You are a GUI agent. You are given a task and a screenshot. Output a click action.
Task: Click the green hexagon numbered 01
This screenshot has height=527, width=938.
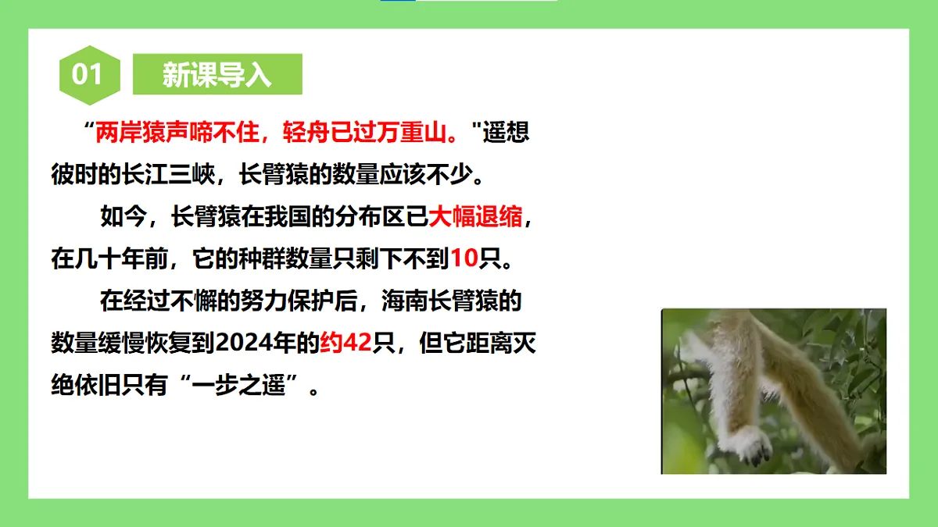[x=89, y=74]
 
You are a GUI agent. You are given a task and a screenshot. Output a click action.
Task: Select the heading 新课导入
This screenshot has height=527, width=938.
[x=217, y=74]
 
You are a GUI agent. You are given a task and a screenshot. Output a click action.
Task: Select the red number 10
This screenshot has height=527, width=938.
[x=464, y=258]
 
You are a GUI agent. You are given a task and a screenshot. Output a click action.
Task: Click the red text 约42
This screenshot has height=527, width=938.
[x=345, y=343]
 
